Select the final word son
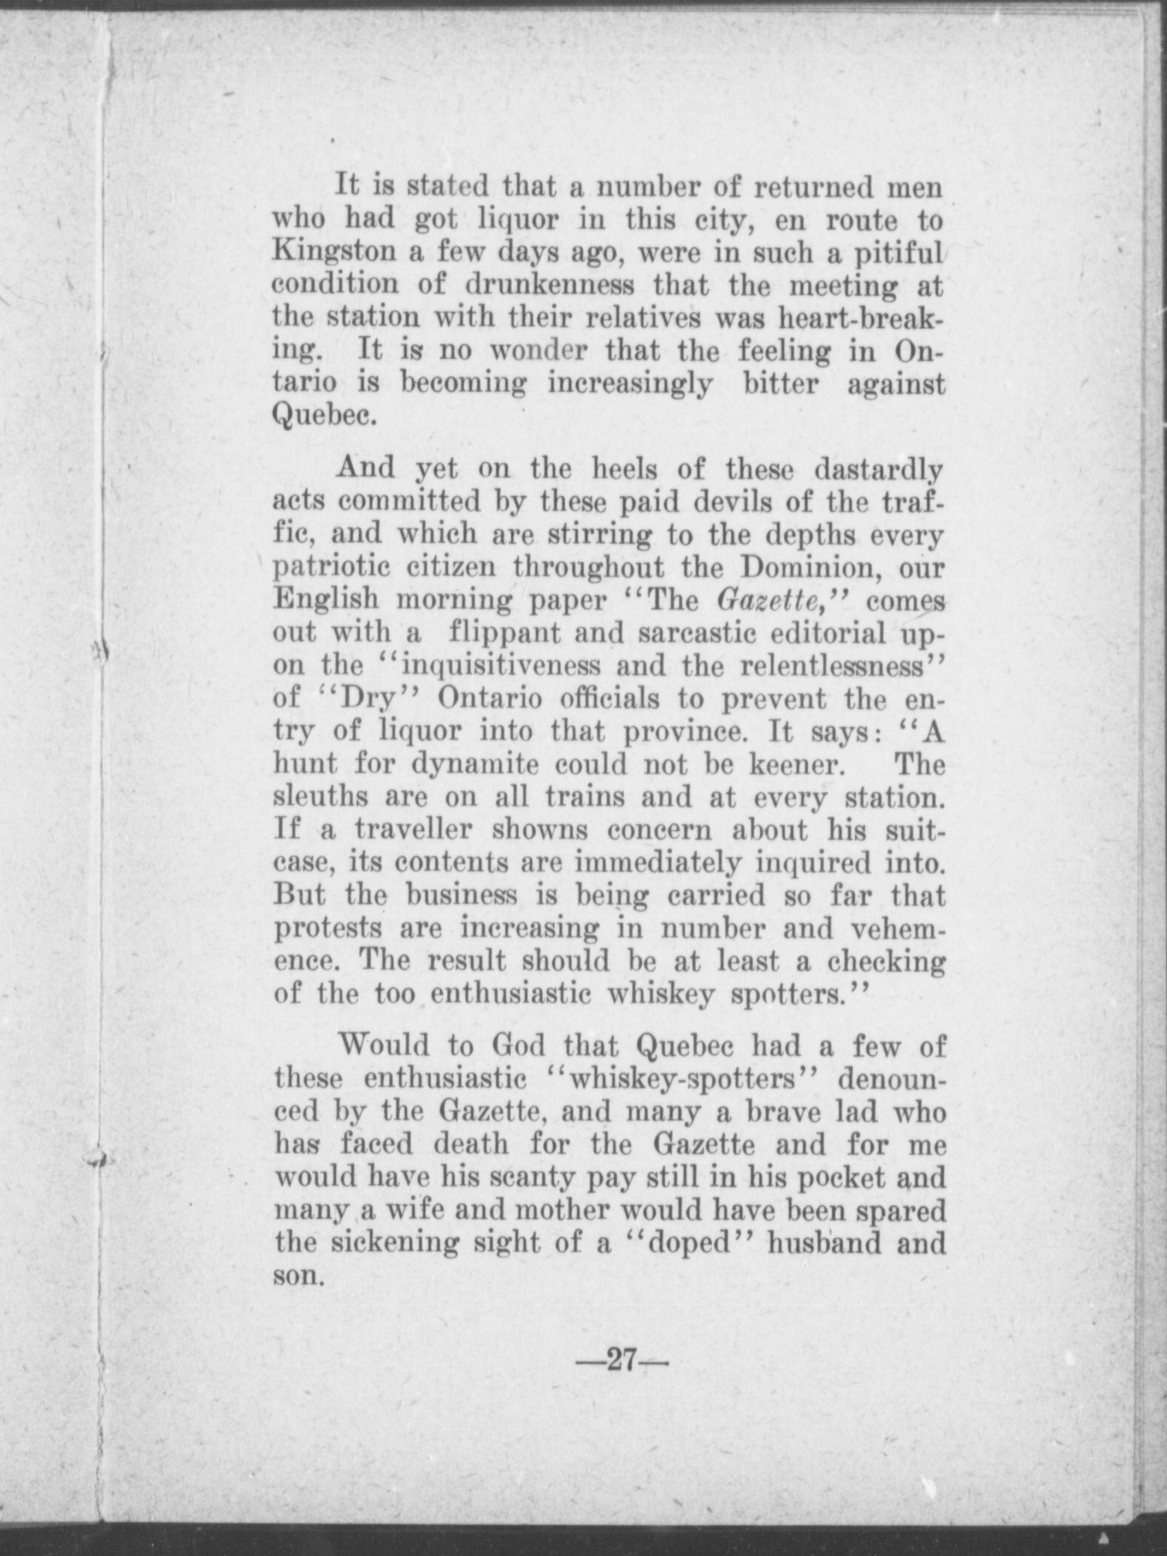point(298,1275)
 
